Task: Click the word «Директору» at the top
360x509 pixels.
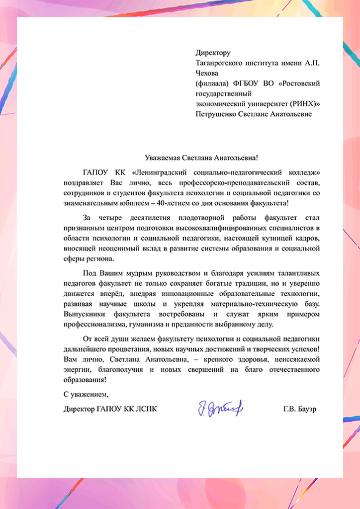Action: point(213,52)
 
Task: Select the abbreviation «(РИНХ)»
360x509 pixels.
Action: point(302,104)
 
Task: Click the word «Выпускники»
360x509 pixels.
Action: point(84,315)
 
